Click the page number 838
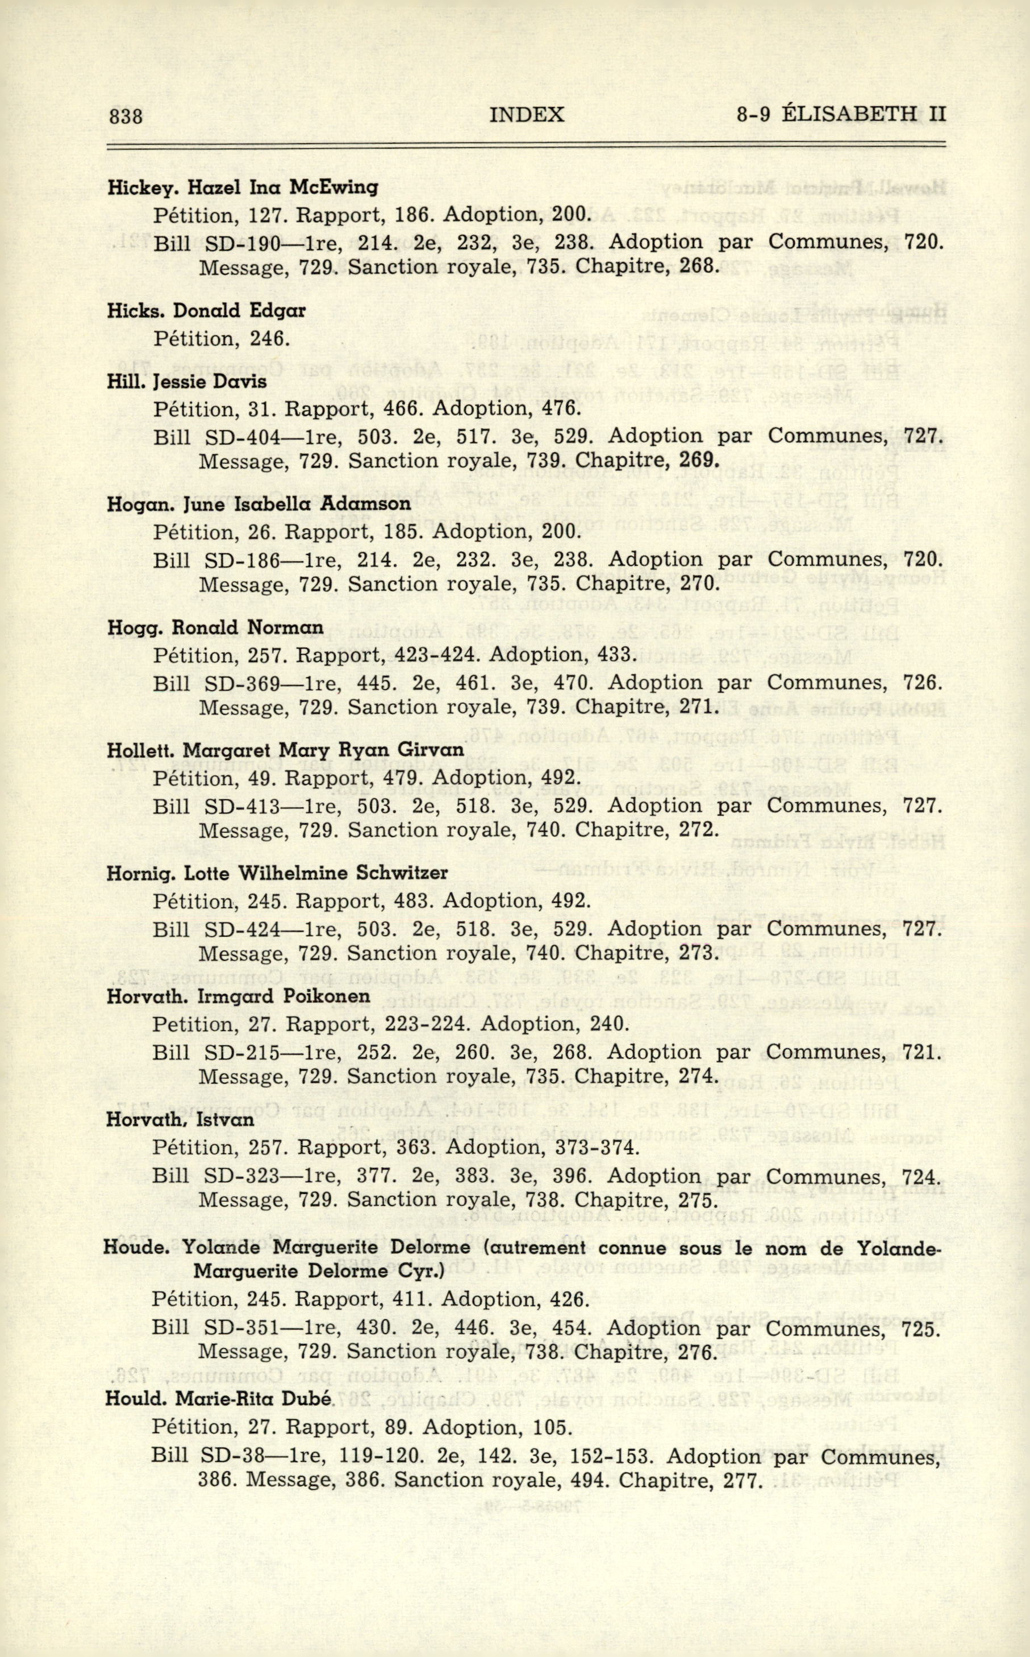click(126, 116)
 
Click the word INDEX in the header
click(527, 114)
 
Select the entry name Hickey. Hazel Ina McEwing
click(243, 187)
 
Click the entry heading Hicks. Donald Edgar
click(206, 311)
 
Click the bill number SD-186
click(243, 560)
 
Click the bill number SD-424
click(243, 929)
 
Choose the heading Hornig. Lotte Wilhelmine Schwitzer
click(277, 873)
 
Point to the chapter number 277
click(743, 1479)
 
